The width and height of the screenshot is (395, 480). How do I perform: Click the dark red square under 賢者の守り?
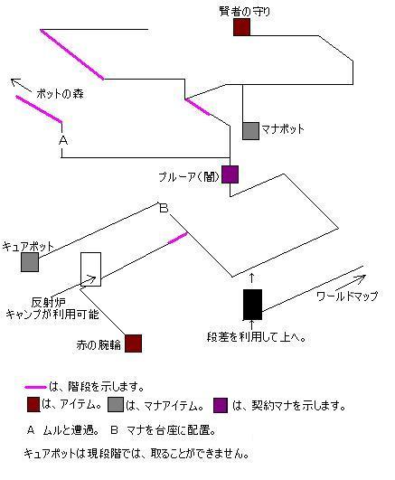click(241, 27)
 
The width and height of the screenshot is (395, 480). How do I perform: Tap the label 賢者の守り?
click(245, 12)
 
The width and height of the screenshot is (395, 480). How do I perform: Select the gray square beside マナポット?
click(250, 131)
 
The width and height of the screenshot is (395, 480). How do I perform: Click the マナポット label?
click(283, 129)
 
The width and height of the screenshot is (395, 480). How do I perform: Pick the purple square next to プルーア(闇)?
click(230, 174)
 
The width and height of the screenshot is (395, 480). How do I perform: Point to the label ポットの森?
click(60, 94)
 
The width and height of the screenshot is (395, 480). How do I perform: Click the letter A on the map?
click(63, 140)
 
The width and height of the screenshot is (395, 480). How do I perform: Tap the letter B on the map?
click(165, 208)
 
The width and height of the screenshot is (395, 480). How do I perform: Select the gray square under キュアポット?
click(30, 262)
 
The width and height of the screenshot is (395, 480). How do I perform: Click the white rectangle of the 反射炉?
click(91, 269)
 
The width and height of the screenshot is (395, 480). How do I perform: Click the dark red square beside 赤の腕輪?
click(133, 344)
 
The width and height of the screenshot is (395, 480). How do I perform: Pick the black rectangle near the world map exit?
click(252, 305)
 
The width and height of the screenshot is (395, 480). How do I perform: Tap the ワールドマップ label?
click(347, 296)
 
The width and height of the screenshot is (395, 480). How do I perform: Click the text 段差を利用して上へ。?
click(257, 337)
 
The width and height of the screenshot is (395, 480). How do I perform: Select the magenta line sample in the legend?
click(35, 387)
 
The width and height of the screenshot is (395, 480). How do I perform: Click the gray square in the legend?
click(116, 404)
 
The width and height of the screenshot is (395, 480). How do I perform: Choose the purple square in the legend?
click(221, 405)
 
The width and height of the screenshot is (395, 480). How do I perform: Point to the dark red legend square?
click(33, 404)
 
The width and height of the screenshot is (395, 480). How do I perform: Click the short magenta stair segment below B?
click(177, 238)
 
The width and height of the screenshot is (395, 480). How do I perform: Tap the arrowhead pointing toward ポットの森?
click(14, 81)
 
